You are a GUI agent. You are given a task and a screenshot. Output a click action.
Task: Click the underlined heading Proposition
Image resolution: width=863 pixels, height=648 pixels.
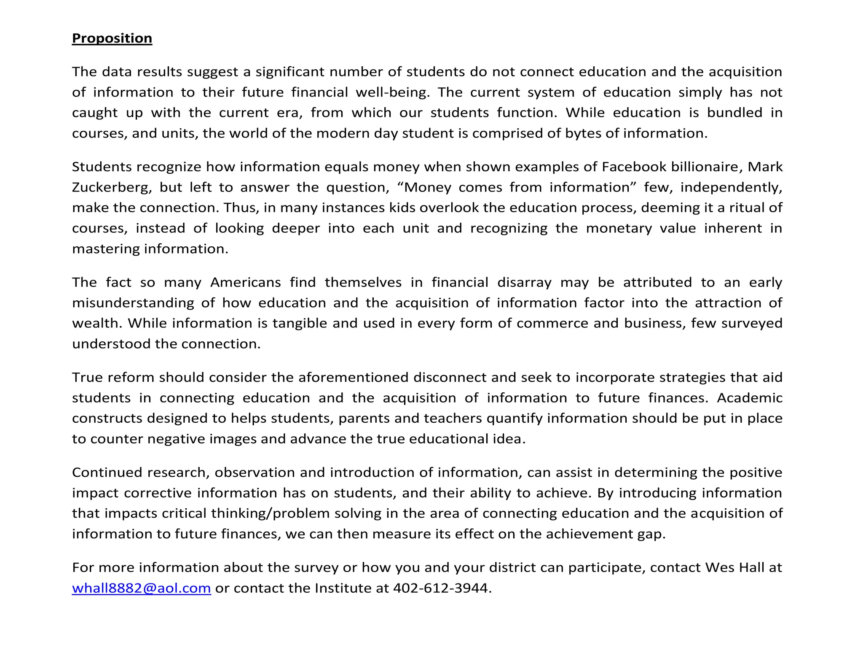click(x=112, y=38)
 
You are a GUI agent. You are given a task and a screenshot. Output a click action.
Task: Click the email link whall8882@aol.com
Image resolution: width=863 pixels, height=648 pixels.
click(x=141, y=588)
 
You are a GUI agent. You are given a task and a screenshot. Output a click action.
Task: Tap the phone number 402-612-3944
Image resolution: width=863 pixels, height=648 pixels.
click(x=440, y=588)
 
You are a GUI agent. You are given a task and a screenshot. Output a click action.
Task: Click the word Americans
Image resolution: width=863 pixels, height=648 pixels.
click(x=245, y=282)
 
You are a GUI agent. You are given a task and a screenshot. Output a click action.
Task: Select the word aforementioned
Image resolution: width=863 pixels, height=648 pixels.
click(x=353, y=378)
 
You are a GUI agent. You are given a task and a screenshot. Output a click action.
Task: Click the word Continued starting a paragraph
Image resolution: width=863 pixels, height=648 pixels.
click(x=107, y=472)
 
